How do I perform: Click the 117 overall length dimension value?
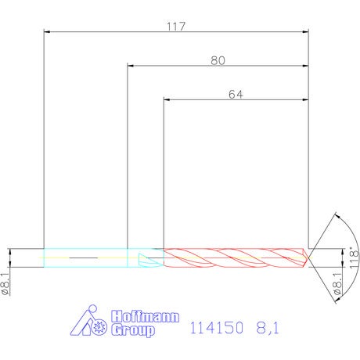[x=176, y=27]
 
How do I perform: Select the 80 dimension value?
[x=218, y=60]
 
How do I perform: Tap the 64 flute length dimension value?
[x=236, y=95]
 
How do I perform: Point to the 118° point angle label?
[x=354, y=258]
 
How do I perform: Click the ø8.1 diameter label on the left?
[x=6, y=284]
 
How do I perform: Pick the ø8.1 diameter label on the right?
[x=337, y=284]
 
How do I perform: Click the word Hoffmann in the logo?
[x=145, y=316]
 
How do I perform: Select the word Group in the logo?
[x=133, y=330]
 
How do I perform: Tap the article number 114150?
[x=217, y=328]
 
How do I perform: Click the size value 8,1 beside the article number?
[x=268, y=328]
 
